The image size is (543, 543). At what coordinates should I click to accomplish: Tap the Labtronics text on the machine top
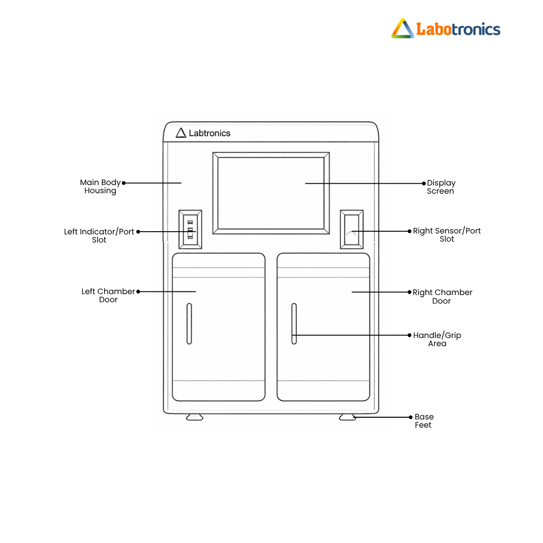(x=210, y=133)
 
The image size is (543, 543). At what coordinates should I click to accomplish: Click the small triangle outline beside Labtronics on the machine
(x=181, y=133)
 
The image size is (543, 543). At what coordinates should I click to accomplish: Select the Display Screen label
(x=441, y=187)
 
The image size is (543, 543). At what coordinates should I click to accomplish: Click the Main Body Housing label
(x=100, y=186)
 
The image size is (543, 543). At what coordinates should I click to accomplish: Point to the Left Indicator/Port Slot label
(x=99, y=236)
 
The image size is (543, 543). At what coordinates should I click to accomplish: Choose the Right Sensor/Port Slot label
(x=447, y=235)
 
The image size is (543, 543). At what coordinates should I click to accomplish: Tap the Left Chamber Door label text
(x=108, y=295)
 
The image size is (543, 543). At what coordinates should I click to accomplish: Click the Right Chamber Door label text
(x=442, y=296)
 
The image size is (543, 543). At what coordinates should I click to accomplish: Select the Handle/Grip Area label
(x=437, y=339)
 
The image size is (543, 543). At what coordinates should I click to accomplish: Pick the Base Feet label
(x=424, y=421)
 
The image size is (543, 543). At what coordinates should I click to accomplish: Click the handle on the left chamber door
(x=189, y=324)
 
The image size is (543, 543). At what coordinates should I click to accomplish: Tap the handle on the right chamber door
(x=294, y=324)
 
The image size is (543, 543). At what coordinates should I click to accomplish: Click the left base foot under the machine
(x=195, y=417)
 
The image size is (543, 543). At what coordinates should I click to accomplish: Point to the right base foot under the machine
(x=347, y=417)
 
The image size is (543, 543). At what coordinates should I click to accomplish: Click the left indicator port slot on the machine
(x=190, y=229)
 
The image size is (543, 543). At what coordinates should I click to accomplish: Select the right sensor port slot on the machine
(x=352, y=229)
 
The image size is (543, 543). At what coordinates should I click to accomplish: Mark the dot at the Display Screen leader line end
(x=424, y=183)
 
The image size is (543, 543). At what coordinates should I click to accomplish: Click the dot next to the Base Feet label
(x=410, y=417)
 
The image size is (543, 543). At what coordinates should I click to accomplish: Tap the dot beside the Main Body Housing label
(x=124, y=183)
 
